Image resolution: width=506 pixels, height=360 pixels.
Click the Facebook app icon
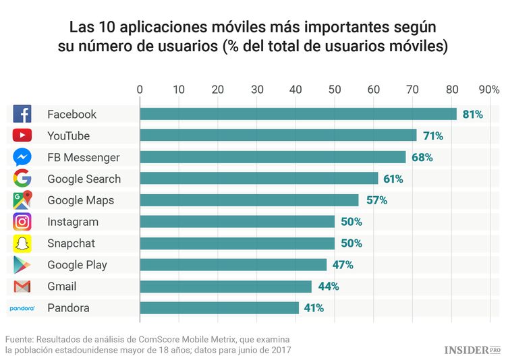[x=22, y=114]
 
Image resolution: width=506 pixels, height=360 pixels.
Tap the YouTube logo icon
[x=22, y=136]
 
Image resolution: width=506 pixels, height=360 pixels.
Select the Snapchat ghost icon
[x=22, y=243]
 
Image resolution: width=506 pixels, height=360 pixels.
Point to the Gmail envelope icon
[x=22, y=287]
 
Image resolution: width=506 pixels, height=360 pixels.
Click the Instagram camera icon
[x=22, y=222]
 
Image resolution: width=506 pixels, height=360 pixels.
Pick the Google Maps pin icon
[x=22, y=200]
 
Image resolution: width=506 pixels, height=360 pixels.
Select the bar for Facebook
[x=298, y=114]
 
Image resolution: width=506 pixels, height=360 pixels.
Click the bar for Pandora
[x=219, y=308]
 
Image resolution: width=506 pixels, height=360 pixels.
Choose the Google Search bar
[x=258, y=179]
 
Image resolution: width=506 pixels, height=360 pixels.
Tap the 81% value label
[x=472, y=115]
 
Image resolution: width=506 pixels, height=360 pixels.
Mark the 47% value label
[x=343, y=265]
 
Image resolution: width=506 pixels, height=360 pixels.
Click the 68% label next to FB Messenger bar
[x=422, y=157]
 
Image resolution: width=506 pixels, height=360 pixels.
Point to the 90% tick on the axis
[x=488, y=89]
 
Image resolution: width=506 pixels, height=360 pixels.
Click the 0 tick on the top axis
[x=140, y=89]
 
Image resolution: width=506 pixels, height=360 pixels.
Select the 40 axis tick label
[x=296, y=89]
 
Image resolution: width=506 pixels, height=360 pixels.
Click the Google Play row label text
[x=77, y=265]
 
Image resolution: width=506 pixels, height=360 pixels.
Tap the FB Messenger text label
[x=83, y=157]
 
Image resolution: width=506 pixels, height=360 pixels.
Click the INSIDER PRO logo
[x=472, y=349]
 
